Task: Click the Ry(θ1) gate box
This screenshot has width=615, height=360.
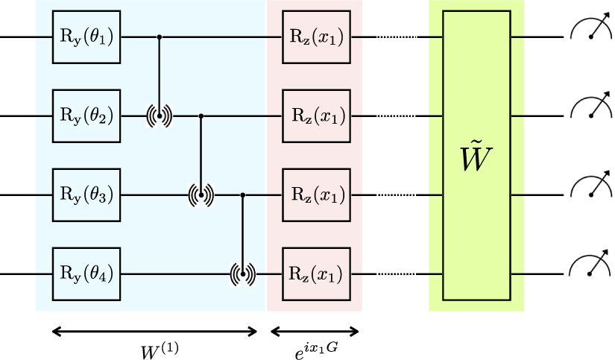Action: coord(86,37)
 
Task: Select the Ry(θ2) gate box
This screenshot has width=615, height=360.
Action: coord(86,116)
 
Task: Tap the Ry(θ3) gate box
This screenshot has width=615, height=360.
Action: coord(86,195)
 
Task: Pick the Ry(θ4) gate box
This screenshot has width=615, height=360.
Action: coord(86,274)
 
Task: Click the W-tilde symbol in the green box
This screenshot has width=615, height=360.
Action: coord(477,157)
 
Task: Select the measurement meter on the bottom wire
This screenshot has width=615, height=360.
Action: coord(590,268)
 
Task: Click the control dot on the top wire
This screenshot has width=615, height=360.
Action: coord(159,37)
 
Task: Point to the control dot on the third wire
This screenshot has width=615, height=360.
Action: coord(244,195)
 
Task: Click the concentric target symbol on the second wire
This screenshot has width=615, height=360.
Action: coord(159,116)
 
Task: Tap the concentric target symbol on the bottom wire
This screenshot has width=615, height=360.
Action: coord(244,274)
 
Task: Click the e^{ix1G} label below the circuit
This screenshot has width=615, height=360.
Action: coord(315,349)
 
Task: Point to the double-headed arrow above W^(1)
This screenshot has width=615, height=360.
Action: coord(154,330)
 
